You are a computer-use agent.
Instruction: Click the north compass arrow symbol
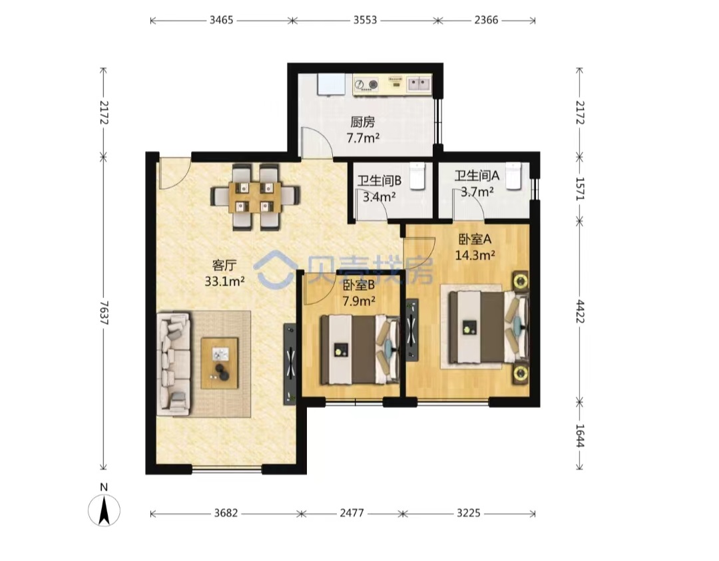point(104,510)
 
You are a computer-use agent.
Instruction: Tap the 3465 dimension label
point(221,20)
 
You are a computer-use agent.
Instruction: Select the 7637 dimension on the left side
point(104,313)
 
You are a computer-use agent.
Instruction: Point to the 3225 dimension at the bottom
point(469,513)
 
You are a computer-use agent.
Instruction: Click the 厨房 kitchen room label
point(363,122)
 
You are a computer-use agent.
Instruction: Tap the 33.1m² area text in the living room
point(225,281)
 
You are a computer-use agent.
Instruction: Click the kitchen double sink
point(419,83)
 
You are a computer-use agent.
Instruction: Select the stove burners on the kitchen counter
point(366,85)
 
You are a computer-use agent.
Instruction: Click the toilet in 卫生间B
point(417,176)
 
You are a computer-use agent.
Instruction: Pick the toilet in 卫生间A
point(514,176)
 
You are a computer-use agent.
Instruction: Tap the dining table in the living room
point(256,196)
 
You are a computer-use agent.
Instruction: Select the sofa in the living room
point(173,364)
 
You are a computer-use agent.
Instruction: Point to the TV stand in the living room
point(290,365)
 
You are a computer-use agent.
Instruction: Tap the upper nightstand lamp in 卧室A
point(521,280)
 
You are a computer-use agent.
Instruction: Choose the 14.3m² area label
point(475,256)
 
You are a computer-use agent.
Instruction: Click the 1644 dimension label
point(580,436)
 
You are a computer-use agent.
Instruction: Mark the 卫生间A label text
point(477,175)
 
